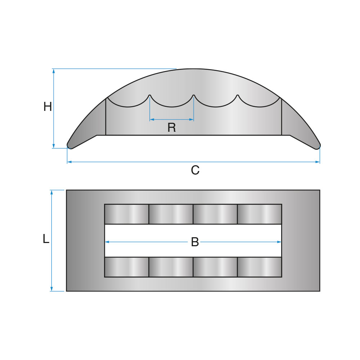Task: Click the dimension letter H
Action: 48,107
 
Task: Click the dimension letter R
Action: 171,128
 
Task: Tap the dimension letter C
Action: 195,170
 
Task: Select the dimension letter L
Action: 46,239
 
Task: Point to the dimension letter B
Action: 195,242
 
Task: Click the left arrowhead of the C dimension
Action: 69,162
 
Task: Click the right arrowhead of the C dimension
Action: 318,162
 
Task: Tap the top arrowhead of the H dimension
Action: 54,71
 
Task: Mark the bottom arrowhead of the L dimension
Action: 51,289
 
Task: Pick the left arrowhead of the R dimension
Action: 152,120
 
